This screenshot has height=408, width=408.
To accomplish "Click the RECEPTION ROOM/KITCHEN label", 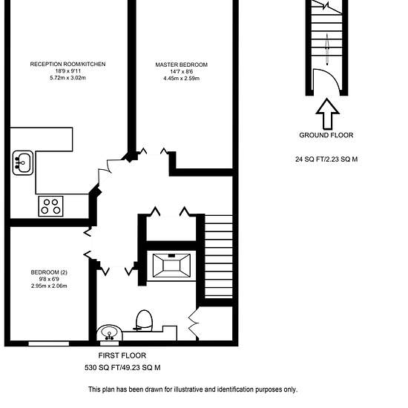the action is (x=68, y=64).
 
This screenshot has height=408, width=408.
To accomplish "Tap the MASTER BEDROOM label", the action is (x=181, y=65).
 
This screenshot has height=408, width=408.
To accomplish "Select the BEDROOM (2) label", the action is (x=49, y=272).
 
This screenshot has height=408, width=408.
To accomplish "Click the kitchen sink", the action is (x=23, y=163).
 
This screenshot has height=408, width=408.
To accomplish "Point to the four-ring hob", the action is (x=50, y=206).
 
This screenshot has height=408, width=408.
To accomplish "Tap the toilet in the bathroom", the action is (x=144, y=320).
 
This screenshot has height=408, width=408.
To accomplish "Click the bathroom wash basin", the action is (x=110, y=333).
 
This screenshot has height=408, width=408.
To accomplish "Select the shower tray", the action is (x=171, y=266).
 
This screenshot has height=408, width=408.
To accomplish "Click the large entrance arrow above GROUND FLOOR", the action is (x=327, y=114).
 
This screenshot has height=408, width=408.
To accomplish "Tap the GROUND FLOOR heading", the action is (x=326, y=135).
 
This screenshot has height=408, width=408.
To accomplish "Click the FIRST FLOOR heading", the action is (x=122, y=355).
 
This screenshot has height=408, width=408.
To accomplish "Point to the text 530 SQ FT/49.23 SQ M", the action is (x=122, y=368).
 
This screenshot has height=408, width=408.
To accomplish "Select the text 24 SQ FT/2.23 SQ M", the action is (x=326, y=159).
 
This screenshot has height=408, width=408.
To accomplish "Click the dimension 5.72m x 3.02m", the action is (x=68, y=78).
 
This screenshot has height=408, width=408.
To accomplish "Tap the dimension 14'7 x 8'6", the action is (x=181, y=71).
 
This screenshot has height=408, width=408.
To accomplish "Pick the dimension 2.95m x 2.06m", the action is (x=49, y=286).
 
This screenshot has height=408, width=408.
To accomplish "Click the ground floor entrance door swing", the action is (x=330, y=74).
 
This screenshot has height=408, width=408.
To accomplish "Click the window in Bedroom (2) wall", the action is (x=49, y=343).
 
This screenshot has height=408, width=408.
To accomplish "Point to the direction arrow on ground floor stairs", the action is (x=327, y=49).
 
